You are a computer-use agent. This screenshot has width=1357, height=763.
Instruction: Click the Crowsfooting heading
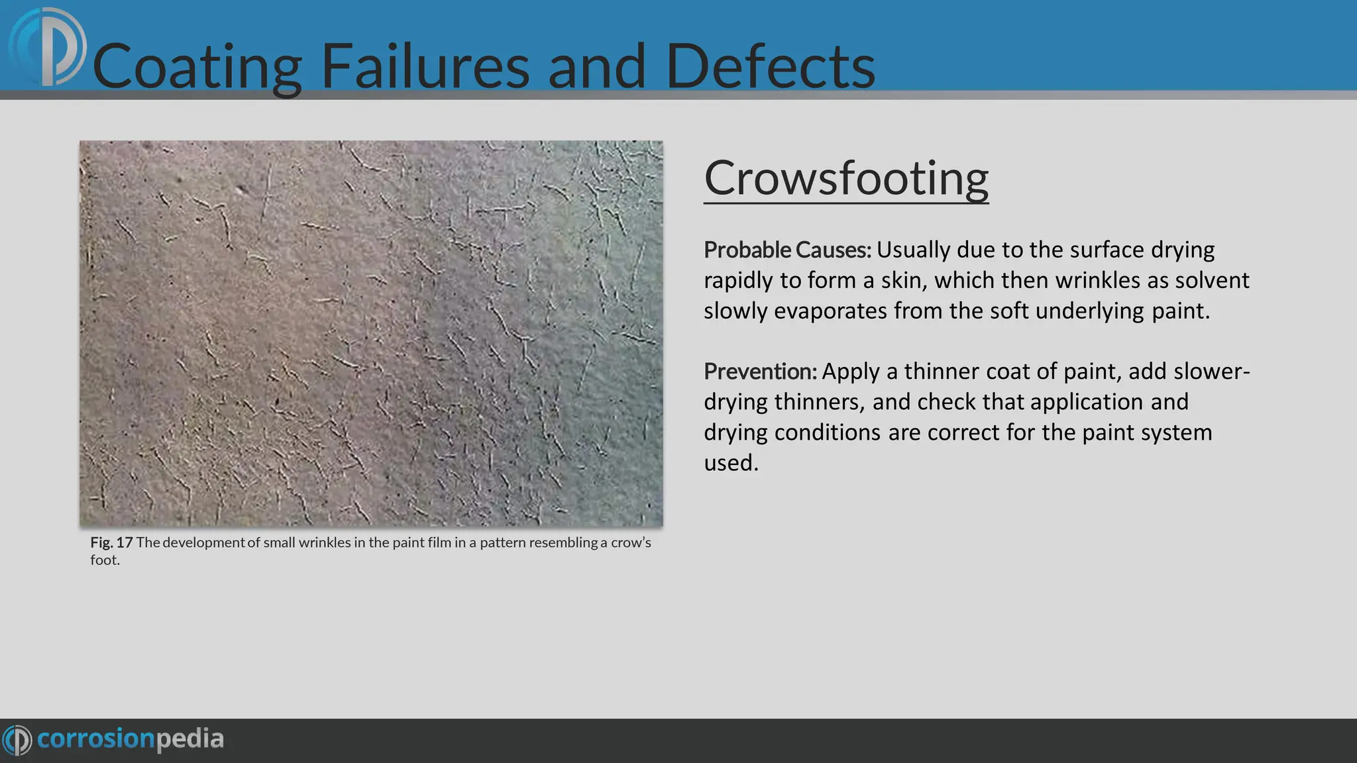tap(845, 178)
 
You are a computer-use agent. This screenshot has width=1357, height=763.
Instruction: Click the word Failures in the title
tap(425, 66)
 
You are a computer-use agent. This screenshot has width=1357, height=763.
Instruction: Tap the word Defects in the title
tap(770, 66)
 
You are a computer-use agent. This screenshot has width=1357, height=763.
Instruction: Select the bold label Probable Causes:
tap(787, 250)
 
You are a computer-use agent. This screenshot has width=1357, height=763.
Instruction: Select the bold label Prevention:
tap(760, 372)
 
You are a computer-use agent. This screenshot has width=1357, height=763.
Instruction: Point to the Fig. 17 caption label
tap(111, 542)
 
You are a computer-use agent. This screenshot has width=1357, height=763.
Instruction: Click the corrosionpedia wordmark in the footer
tap(131, 739)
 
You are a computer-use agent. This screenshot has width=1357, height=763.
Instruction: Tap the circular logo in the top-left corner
tap(48, 46)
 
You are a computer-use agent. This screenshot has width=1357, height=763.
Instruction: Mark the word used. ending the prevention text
tap(731, 463)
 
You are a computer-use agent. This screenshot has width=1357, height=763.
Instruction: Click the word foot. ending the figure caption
tap(105, 560)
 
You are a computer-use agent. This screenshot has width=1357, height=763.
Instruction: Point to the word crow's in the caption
tap(631, 542)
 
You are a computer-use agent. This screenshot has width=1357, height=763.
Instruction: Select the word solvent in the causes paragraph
tap(1212, 281)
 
